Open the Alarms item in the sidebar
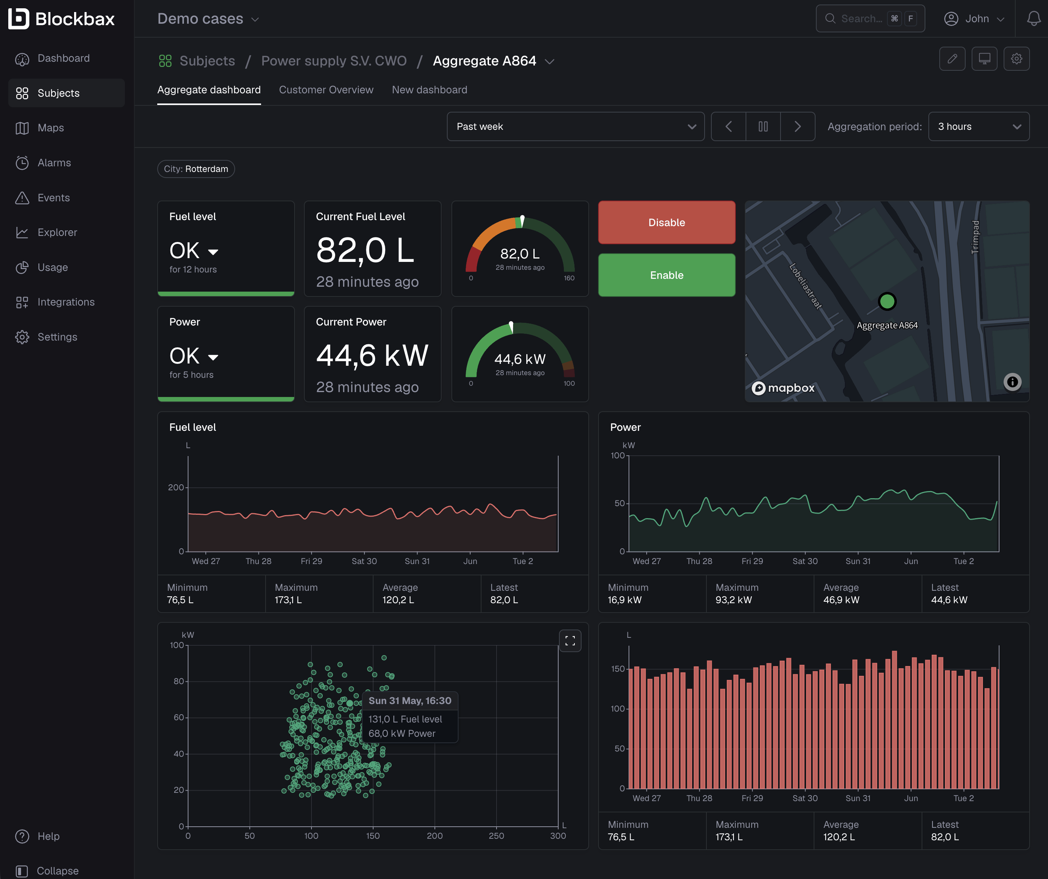[x=54, y=163]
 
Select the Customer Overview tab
[x=326, y=90]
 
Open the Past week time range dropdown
[x=576, y=126]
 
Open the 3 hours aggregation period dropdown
[x=979, y=126]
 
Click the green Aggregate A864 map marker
[x=887, y=301]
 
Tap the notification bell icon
[x=1034, y=19]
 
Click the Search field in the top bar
[x=870, y=18]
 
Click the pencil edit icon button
[x=952, y=59]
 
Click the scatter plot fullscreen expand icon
[x=570, y=641]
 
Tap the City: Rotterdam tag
[x=196, y=169]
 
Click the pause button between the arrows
[x=763, y=126]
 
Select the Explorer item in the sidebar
[x=57, y=232]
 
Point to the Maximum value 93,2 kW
[x=733, y=599]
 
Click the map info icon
[x=1012, y=382]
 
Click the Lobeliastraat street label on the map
[x=805, y=286]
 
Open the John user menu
[x=974, y=18]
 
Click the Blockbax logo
[x=61, y=18]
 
